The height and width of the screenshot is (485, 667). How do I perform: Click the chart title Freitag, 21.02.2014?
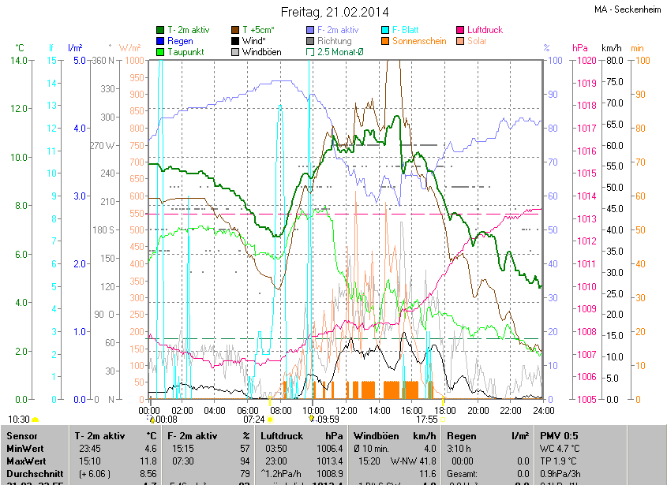point(335,12)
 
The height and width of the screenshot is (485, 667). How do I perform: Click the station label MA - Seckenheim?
point(628,9)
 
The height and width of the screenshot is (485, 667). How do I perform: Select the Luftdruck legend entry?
point(484,30)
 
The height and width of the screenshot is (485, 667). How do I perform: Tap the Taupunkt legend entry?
point(186,52)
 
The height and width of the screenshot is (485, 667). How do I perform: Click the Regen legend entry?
point(181,41)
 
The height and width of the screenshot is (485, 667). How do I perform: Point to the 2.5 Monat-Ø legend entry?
point(339,52)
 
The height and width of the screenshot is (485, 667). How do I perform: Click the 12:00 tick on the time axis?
point(346,411)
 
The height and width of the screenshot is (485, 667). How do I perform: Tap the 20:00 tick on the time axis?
point(478,411)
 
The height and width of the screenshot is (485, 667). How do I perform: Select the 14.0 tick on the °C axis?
point(19,61)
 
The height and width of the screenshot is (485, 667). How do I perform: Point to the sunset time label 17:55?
point(426,420)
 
